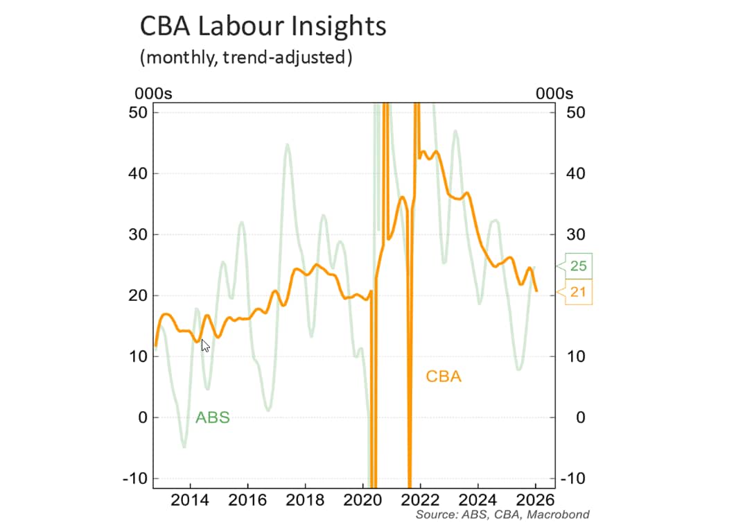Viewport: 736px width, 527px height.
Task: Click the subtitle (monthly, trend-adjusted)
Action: [246, 57]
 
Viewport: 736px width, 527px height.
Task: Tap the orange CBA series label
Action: [443, 377]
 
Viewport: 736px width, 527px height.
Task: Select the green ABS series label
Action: [212, 417]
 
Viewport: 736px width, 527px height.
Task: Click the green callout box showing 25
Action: [578, 266]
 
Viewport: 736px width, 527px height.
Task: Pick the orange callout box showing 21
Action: [578, 292]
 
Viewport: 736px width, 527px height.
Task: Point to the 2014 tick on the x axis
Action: [191, 501]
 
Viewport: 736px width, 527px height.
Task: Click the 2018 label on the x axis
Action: [306, 501]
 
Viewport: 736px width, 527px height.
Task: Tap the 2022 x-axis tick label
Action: [420, 501]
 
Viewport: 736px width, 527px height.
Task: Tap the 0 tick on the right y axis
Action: [581, 417]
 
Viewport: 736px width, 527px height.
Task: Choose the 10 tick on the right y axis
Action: [577, 356]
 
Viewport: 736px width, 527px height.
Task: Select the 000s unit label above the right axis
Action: [554, 94]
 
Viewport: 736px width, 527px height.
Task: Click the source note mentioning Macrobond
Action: [502, 515]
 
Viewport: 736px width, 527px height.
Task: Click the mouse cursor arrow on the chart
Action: [205, 345]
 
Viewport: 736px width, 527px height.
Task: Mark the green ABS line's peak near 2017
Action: [287, 145]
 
